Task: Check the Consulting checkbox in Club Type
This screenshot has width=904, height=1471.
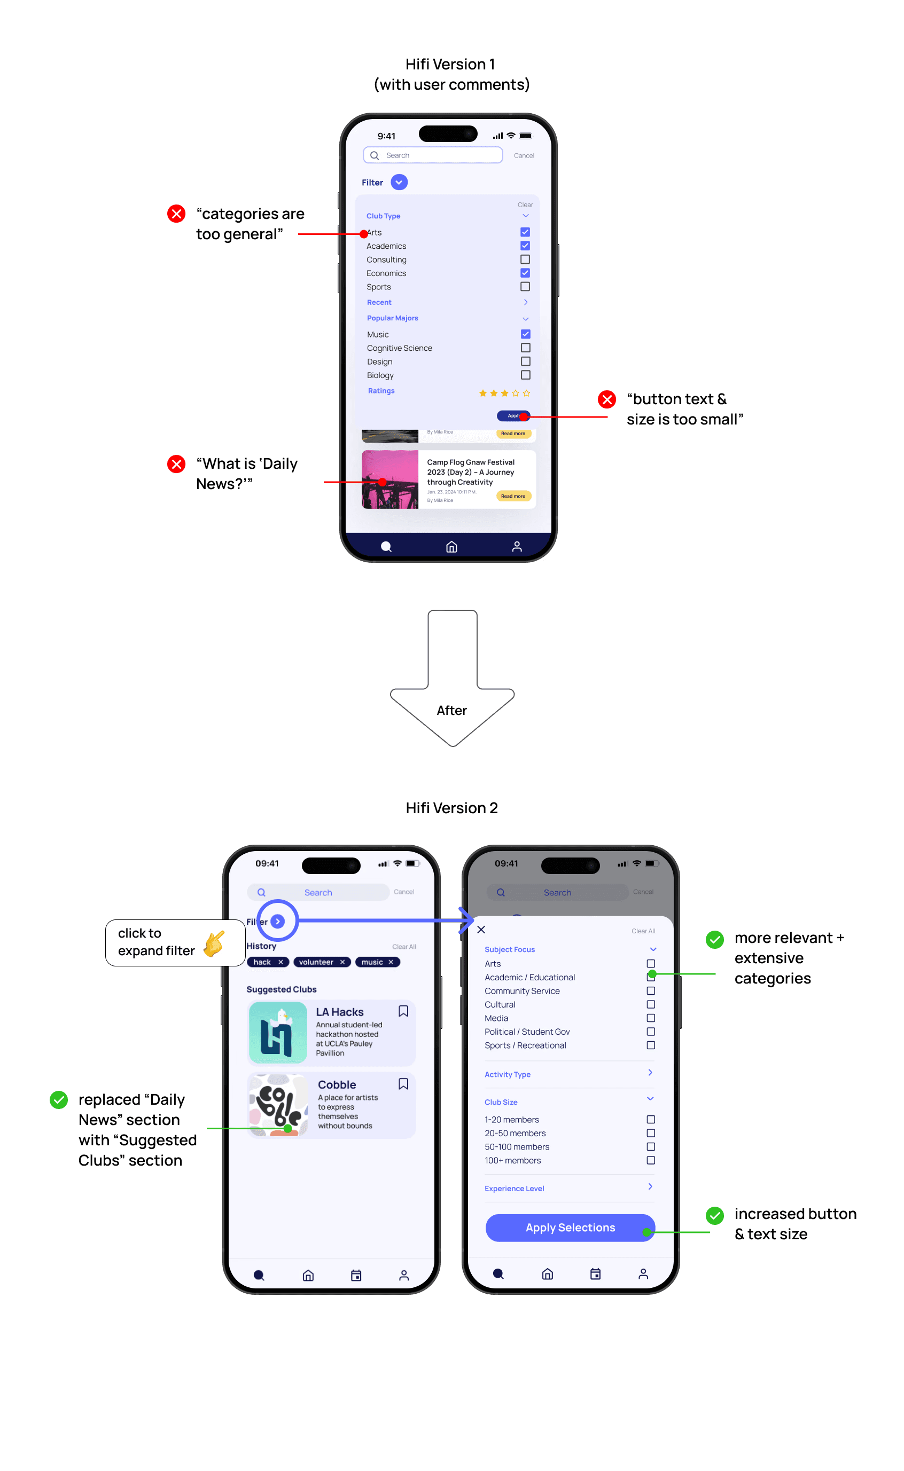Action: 525,259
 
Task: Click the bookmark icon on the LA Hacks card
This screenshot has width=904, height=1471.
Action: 403,1011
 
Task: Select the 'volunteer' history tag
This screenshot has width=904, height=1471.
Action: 321,962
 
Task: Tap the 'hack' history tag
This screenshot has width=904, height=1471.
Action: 267,962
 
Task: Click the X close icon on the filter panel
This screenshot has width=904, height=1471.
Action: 481,930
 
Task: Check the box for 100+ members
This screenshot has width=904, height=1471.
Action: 651,1160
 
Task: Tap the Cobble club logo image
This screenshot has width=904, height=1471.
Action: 278,1105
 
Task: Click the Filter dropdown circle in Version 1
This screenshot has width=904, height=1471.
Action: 399,182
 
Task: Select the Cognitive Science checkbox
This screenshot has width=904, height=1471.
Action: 526,348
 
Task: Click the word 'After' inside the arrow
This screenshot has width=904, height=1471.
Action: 451,711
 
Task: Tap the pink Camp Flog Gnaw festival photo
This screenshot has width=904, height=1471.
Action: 390,479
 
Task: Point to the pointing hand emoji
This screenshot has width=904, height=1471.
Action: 215,943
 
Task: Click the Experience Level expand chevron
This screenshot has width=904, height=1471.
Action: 650,1186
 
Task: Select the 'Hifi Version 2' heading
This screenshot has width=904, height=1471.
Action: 451,808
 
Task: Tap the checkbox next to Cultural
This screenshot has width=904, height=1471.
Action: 651,1004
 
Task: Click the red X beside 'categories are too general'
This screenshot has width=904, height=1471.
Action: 176,213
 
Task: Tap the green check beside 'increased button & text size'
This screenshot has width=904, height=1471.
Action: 714,1215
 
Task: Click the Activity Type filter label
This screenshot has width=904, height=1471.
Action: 507,1074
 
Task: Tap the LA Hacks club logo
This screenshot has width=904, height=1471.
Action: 278,1033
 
